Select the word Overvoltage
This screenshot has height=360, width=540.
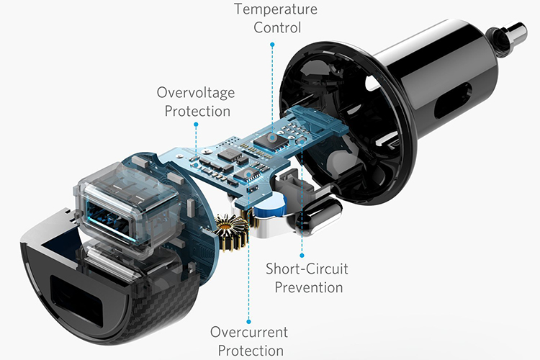pyautogui.click(x=195, y=93)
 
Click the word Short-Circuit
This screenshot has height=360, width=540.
pyautogui.click(x=307, y=269)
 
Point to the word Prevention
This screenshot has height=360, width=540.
pyautogui.click(x=307, y=287)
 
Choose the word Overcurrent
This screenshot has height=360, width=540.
pyautogui.click(x=249, y=333)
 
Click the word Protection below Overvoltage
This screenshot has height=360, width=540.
pyautogui.click(x=197, y=111)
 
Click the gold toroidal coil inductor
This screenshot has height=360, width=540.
pyautogui.click(x=232, y=232)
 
